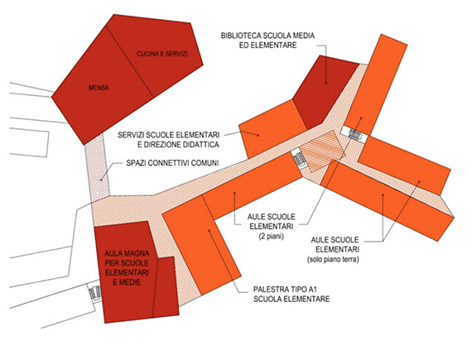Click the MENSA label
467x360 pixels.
coord(99,88)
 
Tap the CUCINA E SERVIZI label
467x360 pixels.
coord(162,54)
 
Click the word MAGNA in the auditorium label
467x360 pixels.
coord(138,253)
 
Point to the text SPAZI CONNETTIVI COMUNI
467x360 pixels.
coord(172,163)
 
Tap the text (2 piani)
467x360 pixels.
coord(272,237)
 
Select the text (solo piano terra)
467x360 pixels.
coord(333,259)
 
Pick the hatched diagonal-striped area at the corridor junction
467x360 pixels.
coord(323,151)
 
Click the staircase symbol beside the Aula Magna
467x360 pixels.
coord(95,292)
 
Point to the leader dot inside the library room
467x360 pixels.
coord(326,83)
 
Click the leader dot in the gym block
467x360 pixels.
coord(209,230)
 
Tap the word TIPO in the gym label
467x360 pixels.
coord(295,289)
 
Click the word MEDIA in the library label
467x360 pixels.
coord(304,36)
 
